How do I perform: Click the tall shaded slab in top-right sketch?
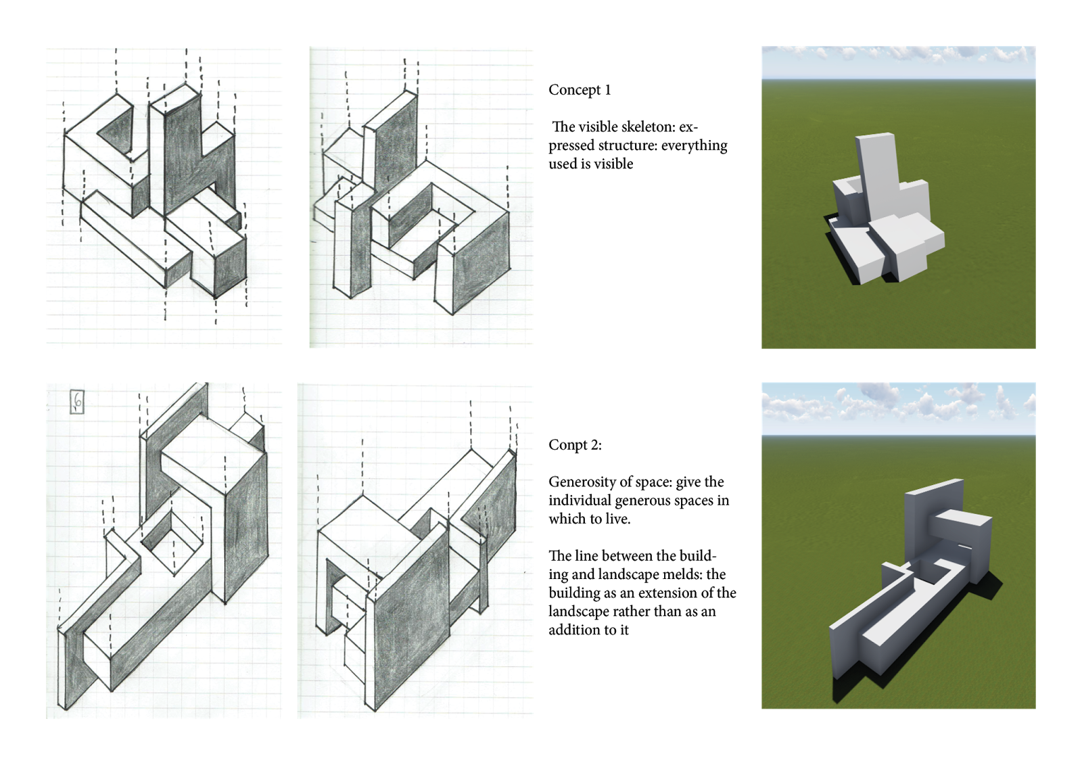[x=396, y=149]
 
